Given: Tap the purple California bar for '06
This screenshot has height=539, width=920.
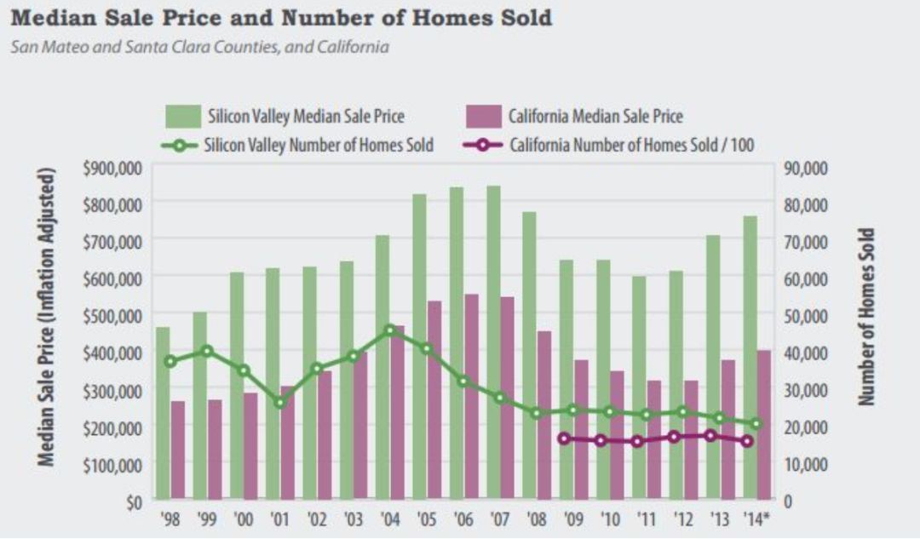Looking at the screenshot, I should click(471, 397).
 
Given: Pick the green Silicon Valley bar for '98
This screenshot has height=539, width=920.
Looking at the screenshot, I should click(163, 413).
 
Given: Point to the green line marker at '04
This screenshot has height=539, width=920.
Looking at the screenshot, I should click(390, 330).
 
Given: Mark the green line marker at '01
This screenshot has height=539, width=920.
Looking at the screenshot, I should click(279, 402).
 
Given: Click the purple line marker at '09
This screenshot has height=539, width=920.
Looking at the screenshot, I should click(564, 439).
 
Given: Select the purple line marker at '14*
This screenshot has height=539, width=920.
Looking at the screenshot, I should click(747, 441).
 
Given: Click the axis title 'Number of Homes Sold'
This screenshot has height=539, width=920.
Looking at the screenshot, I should click(866, 317).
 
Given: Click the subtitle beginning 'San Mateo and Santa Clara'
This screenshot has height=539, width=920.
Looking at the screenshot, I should click(199, 47).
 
